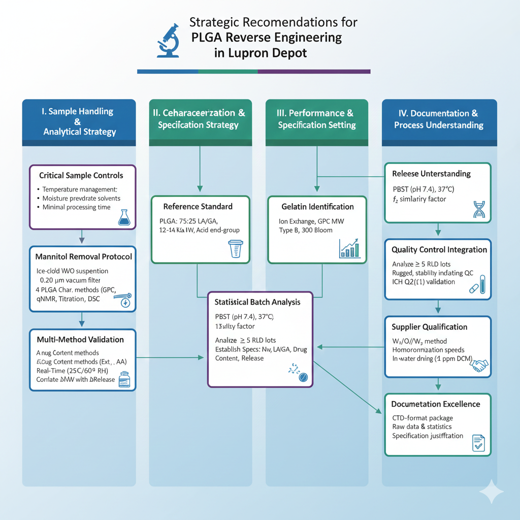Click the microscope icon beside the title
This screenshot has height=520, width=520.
coord(169,40)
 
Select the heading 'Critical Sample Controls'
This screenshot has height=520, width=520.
coord(81,175)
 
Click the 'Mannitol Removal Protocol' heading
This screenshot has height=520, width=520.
coord(84,256)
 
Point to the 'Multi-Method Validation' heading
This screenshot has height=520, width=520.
coord(80,339)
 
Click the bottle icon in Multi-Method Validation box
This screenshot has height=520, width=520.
coord(124,380)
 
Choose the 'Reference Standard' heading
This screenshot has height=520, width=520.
coord(198,207)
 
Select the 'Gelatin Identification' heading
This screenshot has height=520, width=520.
coord(317,207)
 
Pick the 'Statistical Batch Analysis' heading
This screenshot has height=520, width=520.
coord(257,302)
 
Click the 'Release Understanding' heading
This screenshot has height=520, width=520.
coord(431,174)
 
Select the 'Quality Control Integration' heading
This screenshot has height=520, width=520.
coord(439,250)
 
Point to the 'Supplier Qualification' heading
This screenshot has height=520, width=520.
coord(430,327)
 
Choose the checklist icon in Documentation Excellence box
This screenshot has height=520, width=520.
coord(478,442)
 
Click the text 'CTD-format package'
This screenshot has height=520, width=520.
coord(423,417)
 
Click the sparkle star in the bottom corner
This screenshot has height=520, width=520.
coord(491,491)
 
